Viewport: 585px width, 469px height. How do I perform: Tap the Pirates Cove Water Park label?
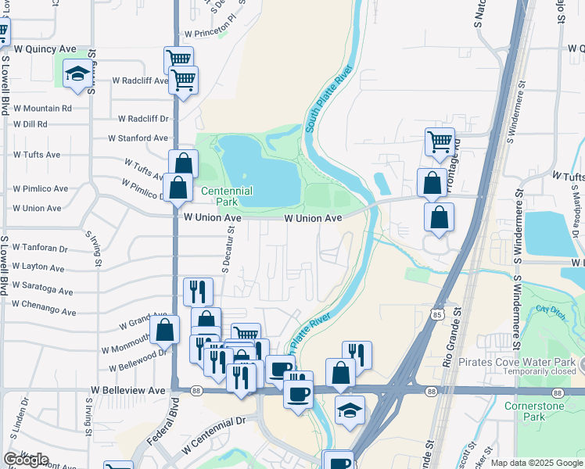(x=523, y=363)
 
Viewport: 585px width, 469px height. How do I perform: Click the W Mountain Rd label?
(x=41, y=109)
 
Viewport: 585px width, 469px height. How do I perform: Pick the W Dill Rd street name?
(x=30, y=124)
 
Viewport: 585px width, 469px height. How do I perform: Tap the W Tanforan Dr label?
(x=40, y=249)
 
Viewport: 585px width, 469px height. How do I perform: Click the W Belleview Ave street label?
(x=128, y=389)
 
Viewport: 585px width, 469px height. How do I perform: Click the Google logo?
(x=26, y=460)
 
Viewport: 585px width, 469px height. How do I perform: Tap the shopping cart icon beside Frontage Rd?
(x=440, y=142)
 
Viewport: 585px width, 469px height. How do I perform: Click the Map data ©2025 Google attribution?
(x=537, y=463)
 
